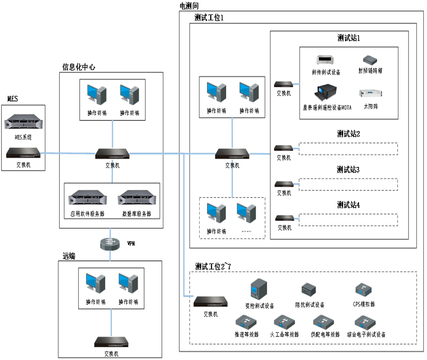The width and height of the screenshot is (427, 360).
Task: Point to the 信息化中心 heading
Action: tap(79, 67)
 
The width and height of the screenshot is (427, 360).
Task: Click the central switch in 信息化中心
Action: tap(112, 154)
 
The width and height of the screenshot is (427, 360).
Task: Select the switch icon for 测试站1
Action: tap(284, 84)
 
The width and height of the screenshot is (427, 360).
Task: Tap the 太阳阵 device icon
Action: tap(370, 93)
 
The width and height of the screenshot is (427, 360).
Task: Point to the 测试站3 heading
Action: tap(349, 170)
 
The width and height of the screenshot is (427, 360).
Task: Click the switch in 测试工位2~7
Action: tap(211, 302)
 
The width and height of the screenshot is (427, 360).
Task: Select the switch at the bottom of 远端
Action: tap(111, 342)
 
